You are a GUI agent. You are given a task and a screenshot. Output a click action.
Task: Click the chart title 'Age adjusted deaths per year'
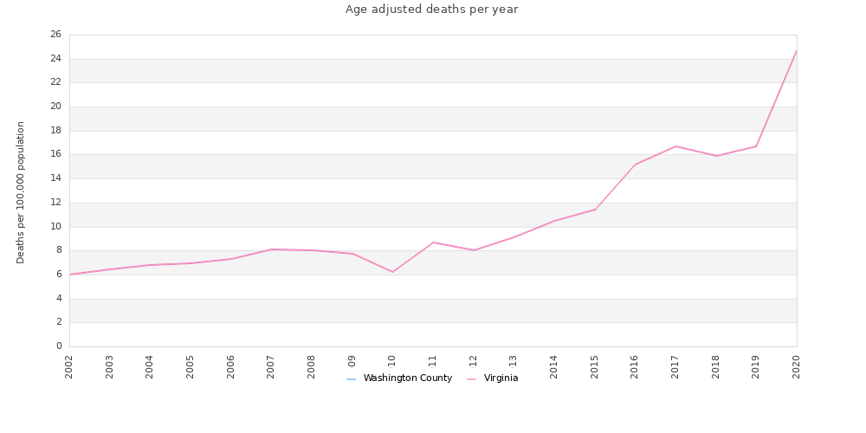click(431, 10)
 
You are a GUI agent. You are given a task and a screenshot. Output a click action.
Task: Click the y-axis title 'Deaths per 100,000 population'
click(22, 192)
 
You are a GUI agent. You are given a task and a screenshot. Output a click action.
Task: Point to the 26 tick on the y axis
click(55, 35)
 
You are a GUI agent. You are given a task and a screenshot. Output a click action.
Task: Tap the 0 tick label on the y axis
click(59, 346)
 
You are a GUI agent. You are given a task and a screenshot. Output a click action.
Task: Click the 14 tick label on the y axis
click(55, 178)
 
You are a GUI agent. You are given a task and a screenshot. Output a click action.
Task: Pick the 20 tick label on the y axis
click(55, 107)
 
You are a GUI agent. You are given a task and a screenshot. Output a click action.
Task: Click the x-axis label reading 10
click(392, 361)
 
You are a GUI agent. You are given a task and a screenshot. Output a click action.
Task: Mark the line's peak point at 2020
click(797, 50)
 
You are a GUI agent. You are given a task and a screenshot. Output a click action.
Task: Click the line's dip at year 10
click(392, 272)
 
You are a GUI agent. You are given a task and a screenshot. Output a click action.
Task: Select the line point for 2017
click(675, 146)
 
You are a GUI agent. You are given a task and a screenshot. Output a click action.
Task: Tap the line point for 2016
click(635, 165)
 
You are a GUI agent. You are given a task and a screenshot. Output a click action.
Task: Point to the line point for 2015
click(595, 210)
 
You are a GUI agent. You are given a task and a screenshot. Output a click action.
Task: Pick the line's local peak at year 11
click(433, 242)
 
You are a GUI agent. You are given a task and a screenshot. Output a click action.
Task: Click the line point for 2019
click(756, 146)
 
